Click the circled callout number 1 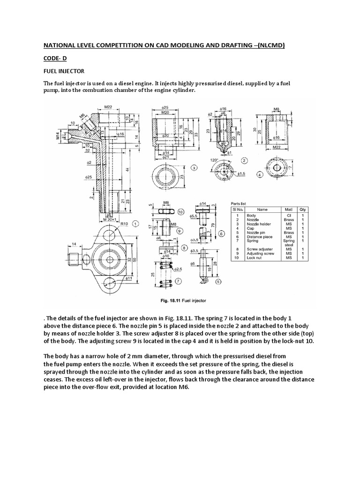pos(135,224)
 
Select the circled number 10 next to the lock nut pos(181,212)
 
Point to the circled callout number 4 pos(259,174)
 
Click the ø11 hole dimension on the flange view pos(127,278)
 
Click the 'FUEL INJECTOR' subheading pos(64,71)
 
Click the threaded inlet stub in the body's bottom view pos(74,257)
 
